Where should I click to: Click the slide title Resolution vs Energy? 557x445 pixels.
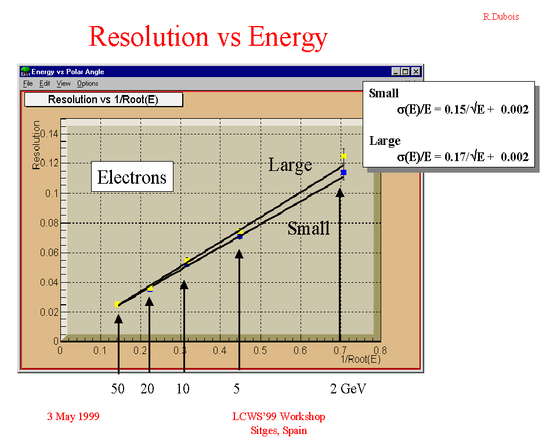pos(208,37)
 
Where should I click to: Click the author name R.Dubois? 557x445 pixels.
pos(501,17)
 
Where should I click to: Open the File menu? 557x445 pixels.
pos(28,83)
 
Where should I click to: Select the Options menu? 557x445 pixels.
pos(88,83)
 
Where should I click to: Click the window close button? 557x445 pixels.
pos(416,71)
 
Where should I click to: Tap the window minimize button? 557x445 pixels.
pos(396,71)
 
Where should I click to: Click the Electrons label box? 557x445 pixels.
pos(132,177)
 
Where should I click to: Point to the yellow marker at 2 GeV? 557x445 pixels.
pos(343,156)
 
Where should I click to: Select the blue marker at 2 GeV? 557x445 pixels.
pos(343,173)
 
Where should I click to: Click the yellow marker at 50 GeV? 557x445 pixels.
pos(118,304)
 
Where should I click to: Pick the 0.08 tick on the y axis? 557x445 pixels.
pos(49,223)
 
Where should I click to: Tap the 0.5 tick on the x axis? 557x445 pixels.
pos(260,351)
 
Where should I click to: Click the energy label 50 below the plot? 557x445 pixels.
pos(118,389)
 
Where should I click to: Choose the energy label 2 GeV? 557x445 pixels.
pos(348,389)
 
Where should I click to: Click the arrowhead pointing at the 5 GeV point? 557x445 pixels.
pos(239,254)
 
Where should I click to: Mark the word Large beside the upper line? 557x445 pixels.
pos(290,165)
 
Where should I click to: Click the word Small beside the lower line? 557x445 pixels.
pos(308,228)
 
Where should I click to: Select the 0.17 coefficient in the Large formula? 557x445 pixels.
pos(454,156)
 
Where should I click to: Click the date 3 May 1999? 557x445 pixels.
pos(73,416)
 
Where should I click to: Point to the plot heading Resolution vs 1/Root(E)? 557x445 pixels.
pos(103,99)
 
